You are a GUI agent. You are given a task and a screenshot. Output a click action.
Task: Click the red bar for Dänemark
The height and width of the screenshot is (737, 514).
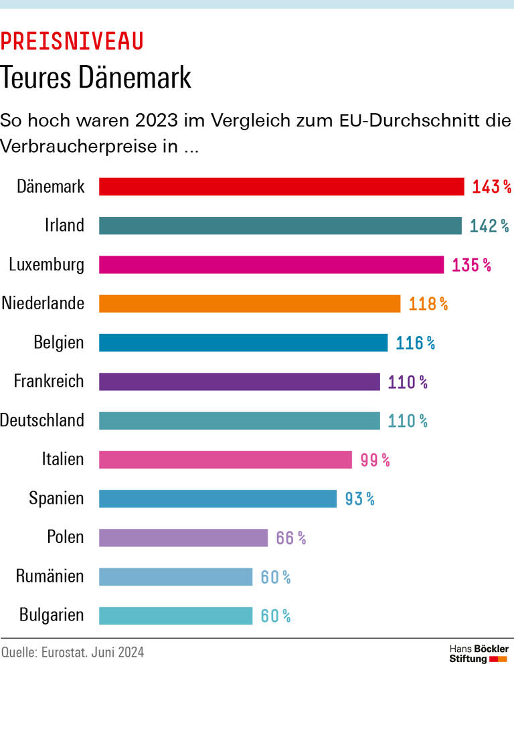281,187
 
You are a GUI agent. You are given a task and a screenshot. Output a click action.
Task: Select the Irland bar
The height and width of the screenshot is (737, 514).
280,226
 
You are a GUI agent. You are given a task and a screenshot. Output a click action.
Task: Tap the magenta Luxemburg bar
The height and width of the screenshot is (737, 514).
271,264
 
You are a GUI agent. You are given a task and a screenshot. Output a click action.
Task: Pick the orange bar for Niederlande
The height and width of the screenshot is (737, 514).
249,304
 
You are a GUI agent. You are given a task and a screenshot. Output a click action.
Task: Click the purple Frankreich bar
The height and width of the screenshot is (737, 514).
239,382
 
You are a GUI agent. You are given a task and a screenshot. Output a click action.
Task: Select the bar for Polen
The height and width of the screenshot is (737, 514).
183,538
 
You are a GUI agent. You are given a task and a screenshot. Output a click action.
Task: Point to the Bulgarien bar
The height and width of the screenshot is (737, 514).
175,616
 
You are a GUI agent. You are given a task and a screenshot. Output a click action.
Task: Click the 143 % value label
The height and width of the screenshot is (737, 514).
491,187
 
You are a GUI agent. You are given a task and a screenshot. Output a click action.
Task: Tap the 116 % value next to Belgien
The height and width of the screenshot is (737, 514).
415,343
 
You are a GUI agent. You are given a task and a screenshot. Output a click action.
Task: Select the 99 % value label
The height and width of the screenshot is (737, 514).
375,460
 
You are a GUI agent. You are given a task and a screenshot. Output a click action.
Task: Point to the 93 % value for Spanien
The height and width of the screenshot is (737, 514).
359,499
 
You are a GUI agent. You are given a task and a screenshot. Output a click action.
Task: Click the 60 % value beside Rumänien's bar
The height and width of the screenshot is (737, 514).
275,577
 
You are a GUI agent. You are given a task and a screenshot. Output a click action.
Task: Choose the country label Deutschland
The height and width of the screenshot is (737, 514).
42,420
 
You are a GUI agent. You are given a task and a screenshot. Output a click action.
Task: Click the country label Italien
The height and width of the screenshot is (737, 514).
63,459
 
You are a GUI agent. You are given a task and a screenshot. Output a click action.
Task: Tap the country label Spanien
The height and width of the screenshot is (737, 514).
56,498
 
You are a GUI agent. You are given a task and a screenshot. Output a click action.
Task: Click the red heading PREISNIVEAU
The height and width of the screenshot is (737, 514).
72,42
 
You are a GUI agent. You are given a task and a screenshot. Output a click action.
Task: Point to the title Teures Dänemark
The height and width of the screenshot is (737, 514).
96,78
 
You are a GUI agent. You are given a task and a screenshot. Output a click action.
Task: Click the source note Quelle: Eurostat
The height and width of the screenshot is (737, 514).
72,652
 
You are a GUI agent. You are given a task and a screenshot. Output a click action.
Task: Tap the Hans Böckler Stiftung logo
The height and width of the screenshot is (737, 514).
478,654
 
